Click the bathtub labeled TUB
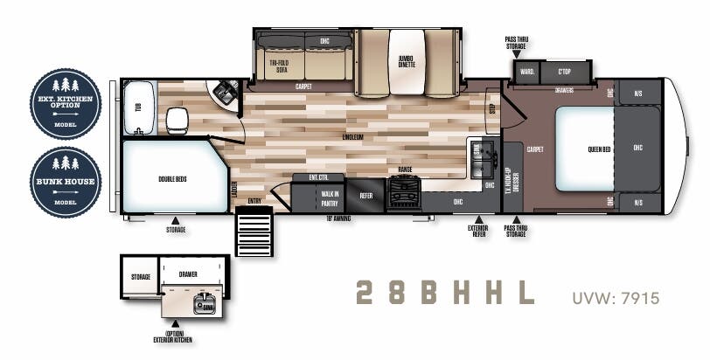click(x=136, y=107)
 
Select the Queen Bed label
click(x=598, y=149)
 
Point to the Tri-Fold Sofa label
click(x=279, y=66)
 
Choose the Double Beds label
click(x=171, y=178)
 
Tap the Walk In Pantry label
click(x=330, y=196)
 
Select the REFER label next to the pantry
click(x=365, y=196)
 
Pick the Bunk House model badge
click(x=66, y=182)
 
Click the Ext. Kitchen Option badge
click(x=66, y=102)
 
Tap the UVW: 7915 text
click(x=616, y=299)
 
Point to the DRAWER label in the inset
click(x=188, y=274)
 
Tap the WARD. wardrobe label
click(x=527, y=71)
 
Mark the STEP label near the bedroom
click(x=491, y=110)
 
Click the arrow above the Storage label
click(x=174, y=219)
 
